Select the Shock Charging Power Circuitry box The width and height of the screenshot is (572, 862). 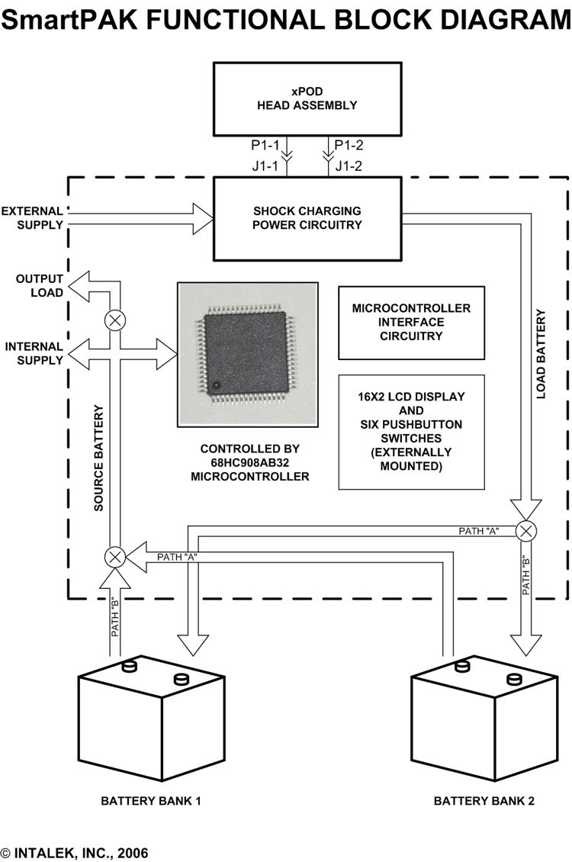307,218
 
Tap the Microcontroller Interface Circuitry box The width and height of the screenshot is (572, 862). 411,322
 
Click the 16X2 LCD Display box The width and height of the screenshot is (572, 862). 411,431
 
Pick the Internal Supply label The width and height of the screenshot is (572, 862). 34,353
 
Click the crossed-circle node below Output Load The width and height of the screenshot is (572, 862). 115,320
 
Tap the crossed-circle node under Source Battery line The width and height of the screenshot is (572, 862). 115,557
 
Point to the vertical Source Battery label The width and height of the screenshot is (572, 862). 98,458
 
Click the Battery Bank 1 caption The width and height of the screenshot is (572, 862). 151,801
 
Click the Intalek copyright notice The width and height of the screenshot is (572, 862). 75,852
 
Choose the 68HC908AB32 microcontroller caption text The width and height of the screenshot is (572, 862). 250,462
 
